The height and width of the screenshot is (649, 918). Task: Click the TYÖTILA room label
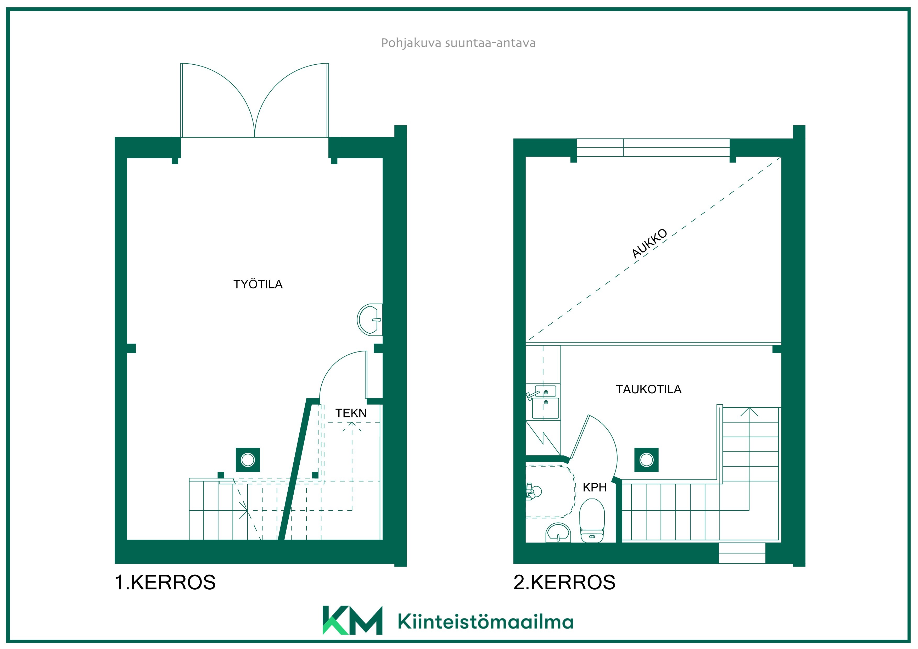(258, 284)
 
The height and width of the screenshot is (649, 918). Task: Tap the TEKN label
(351, 413)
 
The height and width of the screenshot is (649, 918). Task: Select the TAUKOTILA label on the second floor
(648, 389)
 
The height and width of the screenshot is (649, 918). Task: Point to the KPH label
(595, 488)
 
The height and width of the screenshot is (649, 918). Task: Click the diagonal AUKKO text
(649, 243)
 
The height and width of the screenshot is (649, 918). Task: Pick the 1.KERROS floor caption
(165, 582)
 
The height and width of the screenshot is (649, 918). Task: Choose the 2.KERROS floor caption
(564, 582)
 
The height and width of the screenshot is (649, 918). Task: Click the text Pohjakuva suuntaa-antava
(458, 43)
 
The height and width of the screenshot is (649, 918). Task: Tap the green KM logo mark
(352, 620)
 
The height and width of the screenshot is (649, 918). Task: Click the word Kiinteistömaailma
(485, 622)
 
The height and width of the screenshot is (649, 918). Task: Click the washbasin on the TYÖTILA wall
(370, 320)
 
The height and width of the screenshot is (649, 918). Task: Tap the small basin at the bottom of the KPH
(558, 533)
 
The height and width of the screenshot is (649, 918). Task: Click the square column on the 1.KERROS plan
(248, 460)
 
